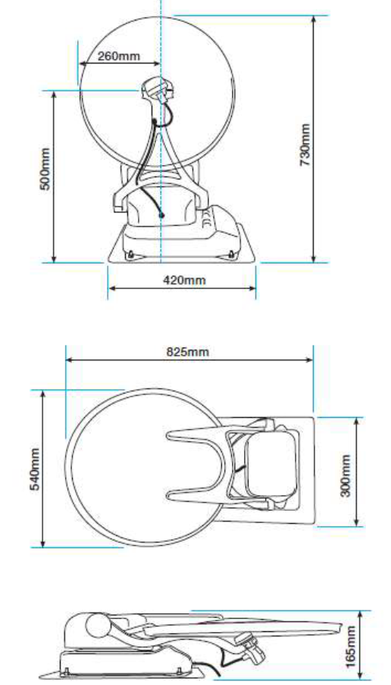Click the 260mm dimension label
119,56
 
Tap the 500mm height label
45,170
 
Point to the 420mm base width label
184,279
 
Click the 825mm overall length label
188,352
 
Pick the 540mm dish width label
36,469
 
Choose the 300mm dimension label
346,476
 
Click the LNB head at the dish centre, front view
158,90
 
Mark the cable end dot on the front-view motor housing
161,215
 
